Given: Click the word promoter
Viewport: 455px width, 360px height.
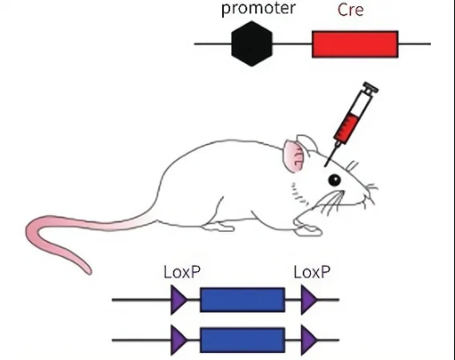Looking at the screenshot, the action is pos(258,8).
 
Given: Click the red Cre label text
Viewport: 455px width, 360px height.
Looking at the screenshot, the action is pos(350,10).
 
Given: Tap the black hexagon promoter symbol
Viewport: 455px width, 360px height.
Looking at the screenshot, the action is pos(252,44).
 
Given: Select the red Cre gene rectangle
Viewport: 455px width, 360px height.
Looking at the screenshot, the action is pos(355,44).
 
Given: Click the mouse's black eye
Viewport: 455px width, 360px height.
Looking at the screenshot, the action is pos(334,180).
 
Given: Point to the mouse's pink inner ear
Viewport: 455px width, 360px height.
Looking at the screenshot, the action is pos(294,157).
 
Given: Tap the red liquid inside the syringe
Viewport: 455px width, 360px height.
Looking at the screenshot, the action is pos(346,127).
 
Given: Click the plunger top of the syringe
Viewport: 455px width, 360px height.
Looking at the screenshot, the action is pos(371,88).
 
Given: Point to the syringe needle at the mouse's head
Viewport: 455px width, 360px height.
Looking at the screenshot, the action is pos(331,155).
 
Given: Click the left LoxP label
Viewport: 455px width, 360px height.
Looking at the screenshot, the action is pos(182,272).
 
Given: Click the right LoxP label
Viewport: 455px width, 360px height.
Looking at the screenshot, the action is pos(312,272).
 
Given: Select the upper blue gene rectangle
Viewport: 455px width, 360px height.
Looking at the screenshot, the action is pos(242,300).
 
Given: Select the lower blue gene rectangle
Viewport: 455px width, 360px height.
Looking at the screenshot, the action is pos(242,340).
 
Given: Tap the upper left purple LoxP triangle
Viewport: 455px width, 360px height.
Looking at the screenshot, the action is pos(178,300).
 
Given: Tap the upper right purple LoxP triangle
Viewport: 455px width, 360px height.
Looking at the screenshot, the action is pos(308,300).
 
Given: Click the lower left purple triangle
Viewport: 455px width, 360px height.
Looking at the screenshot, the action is pos(178,340).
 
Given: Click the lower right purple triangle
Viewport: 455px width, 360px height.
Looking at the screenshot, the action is pos(308,340).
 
